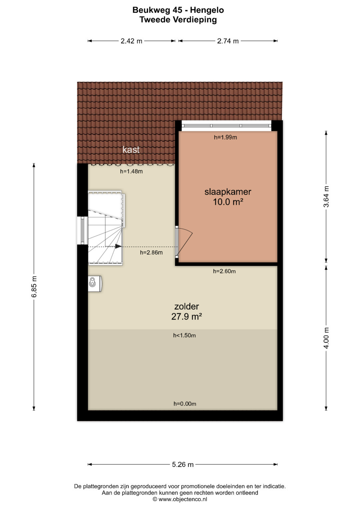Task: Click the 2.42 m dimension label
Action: (x=131, y=41)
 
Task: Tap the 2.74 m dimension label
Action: (x=228, y=41)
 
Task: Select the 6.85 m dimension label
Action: (x=34, y=287)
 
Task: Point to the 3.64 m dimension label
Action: (x=326, y=197)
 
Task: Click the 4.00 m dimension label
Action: (x=326, y=338)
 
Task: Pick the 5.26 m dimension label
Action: (x=183, y=464)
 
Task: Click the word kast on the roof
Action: (x=131, y=150)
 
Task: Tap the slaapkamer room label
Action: (x=228, y=192)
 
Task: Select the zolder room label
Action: (x=187, y=307)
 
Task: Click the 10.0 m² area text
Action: (x=228, y=202)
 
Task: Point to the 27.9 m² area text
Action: (x=187, y=317)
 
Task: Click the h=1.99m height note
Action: (x=225, y=137)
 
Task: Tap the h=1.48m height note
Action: (x=131, y=171)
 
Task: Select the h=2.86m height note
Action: (x=151, y=252)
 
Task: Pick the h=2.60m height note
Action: (x=224, y=271)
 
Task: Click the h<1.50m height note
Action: (x=184, y=335)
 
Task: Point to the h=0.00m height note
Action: (x=185, y=404)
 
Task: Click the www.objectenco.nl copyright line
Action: (x=180, y=499)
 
